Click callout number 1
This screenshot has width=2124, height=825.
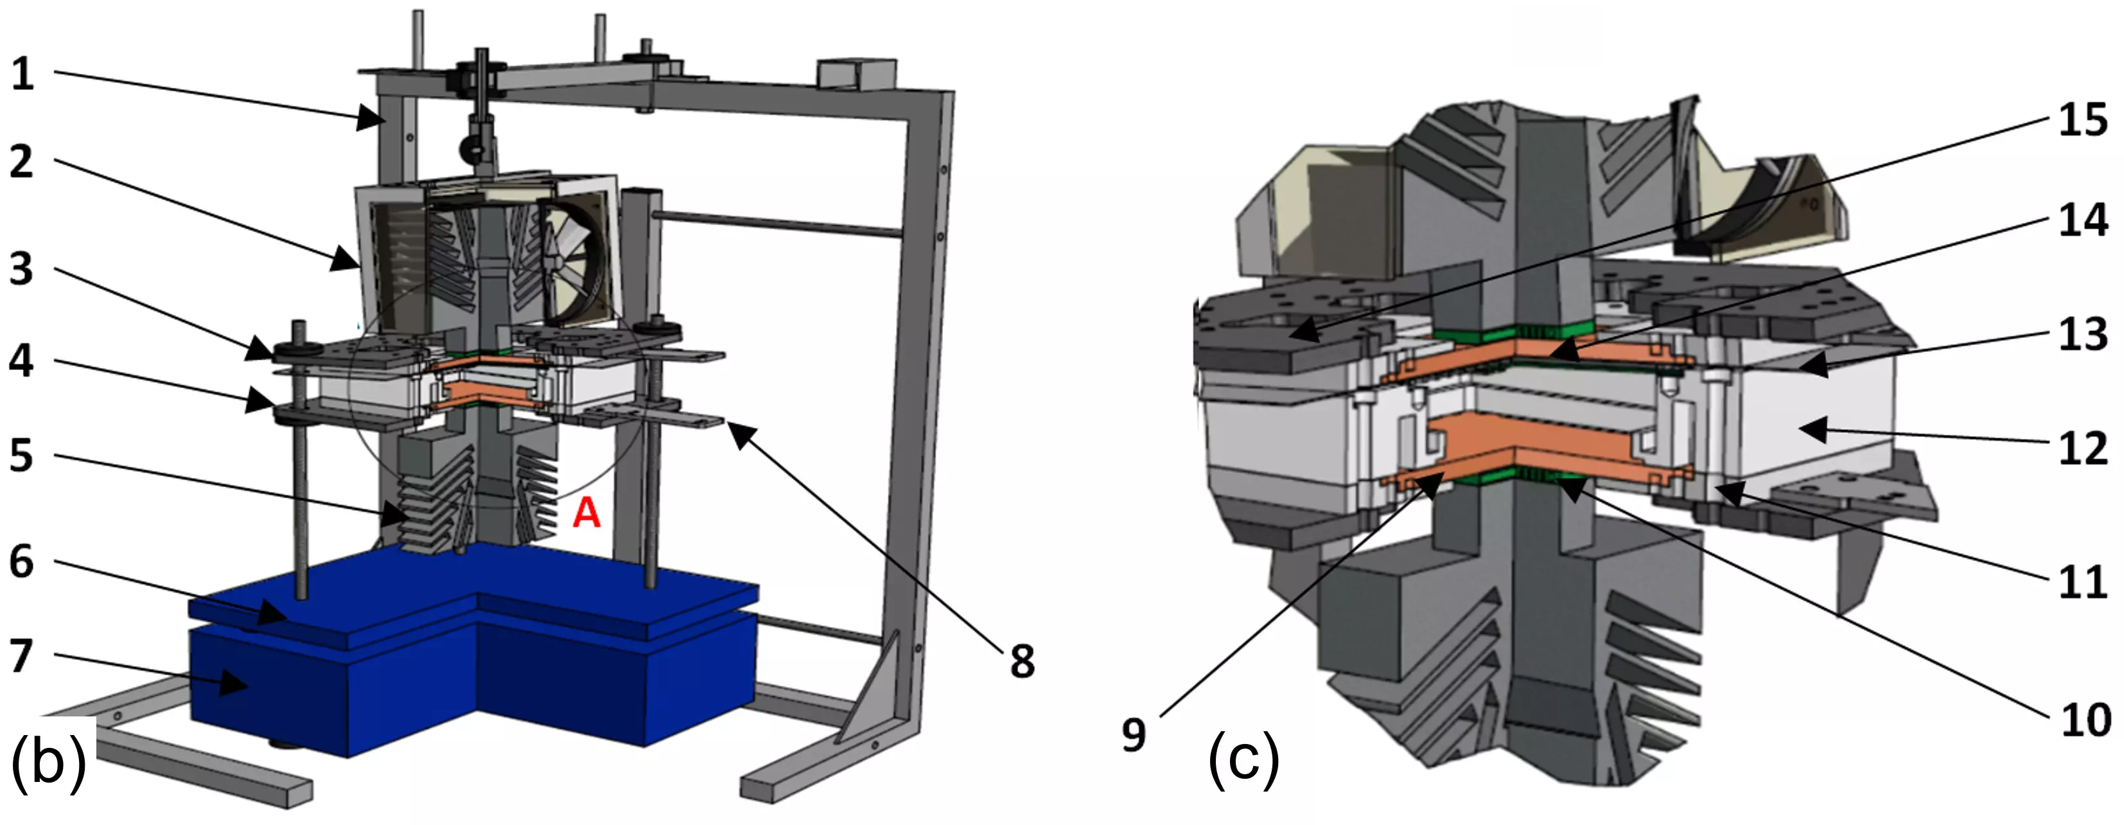pos(22,75)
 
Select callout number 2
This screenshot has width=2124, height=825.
pos(22,162)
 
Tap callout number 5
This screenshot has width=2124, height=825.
pos(22,456)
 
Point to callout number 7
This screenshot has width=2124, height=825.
pos(22,657)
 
